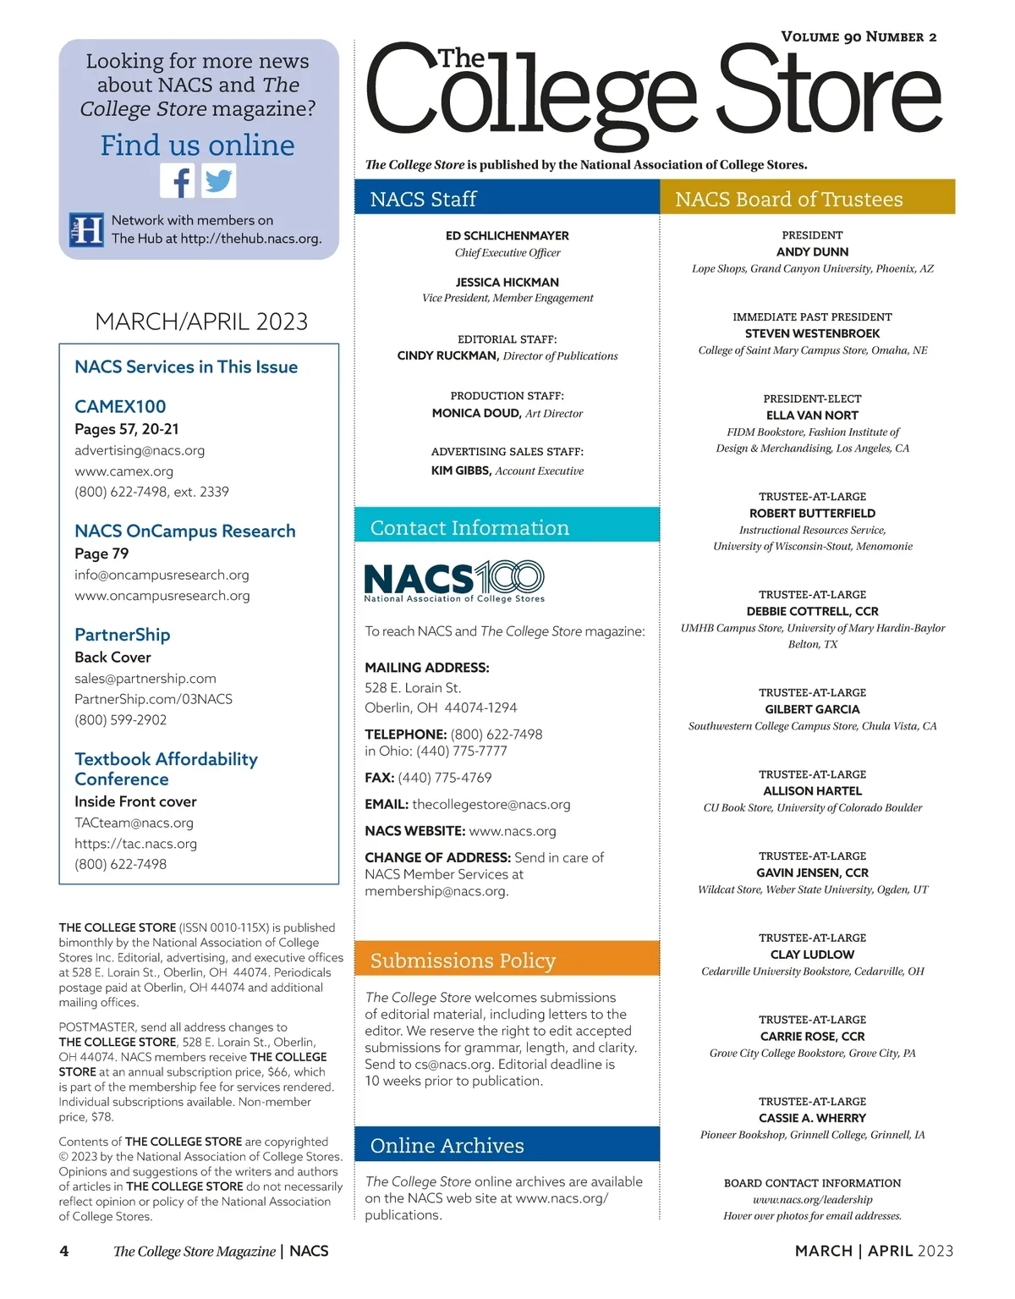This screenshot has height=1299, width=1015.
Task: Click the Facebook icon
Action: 178,180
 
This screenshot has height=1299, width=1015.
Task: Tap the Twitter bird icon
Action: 219,180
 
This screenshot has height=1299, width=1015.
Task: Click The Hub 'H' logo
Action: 86,229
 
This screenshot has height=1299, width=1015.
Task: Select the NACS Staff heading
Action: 423,199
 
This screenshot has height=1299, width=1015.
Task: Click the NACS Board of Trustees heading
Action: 788,199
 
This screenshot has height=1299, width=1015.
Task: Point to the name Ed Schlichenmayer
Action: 507,235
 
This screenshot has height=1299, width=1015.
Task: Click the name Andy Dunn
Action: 812,251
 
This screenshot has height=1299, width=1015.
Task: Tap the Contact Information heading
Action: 469,527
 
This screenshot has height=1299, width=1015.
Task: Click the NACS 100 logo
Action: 454,581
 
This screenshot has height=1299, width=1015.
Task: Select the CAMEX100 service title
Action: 120,406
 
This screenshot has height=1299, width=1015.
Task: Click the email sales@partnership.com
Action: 145,678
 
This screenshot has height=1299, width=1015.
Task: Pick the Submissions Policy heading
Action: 463,960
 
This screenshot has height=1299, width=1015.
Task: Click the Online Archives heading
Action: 447,1145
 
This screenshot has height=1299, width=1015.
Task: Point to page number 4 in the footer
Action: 64,1251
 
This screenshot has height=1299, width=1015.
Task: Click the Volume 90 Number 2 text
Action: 859,36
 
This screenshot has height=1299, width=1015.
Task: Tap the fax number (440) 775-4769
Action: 444,777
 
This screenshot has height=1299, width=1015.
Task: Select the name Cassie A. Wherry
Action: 812,1118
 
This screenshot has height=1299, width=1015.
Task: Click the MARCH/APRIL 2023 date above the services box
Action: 201,322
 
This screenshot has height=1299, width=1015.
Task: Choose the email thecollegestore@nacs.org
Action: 491,804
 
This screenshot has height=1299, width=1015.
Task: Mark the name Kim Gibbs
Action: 461,471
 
